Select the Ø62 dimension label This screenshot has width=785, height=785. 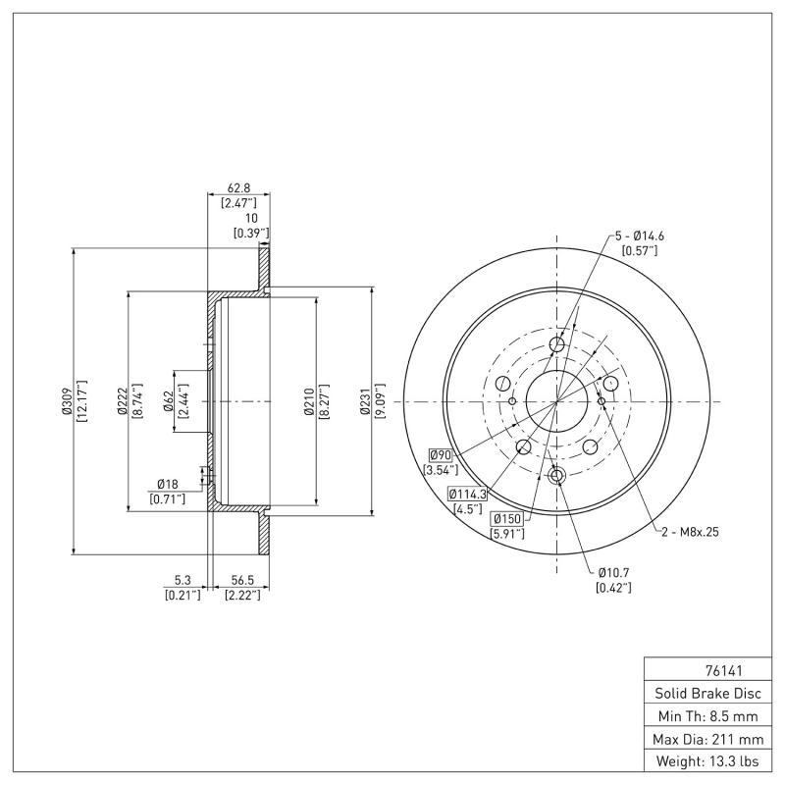click(x=168, y=401)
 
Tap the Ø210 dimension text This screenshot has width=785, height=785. click(x=308, y=401)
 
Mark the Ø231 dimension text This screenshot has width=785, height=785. click(x=364, y=401)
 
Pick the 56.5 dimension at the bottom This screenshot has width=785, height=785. click(x=241, y=579)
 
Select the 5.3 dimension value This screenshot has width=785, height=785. click(x=183, y=579)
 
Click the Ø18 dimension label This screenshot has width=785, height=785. click(x=167, y=484)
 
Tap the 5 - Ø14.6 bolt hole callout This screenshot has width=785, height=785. click(x=640, y=235)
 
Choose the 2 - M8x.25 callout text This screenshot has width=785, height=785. click(x=693, y=531)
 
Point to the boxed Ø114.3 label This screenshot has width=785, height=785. click(x=469, y=493)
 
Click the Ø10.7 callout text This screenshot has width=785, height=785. click(x=613, y=571)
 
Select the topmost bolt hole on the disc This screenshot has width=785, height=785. click(x=557, y=344)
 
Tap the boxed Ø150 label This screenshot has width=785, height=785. click(x=507, y=518)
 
